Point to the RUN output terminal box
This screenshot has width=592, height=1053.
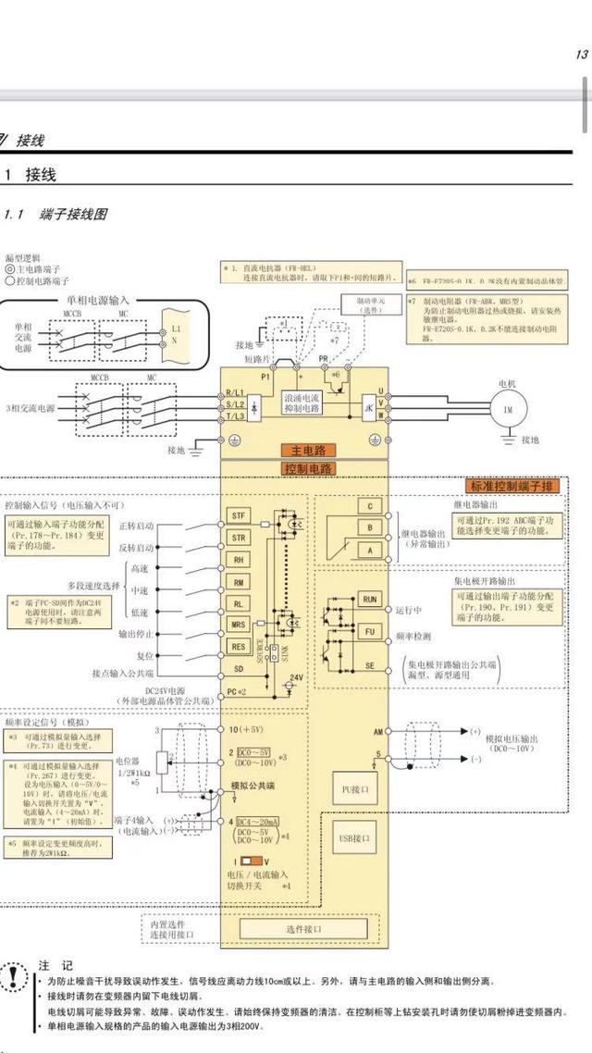[370, 601]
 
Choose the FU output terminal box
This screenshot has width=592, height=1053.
[370, 630]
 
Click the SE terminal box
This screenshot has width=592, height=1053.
[370, 665]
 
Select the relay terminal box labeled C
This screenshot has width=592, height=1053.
[370, 506]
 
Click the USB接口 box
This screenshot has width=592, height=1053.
[355, 838]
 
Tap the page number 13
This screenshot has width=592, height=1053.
[581, 55]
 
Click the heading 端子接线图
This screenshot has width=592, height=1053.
[73, 215]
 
